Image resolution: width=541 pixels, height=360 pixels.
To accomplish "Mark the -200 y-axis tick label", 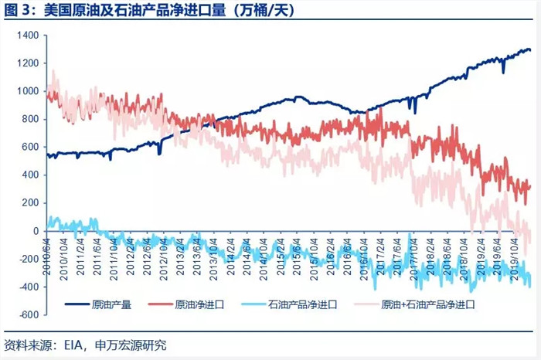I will coord(29,259).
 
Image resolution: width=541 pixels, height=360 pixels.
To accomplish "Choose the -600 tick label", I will coord(29,314).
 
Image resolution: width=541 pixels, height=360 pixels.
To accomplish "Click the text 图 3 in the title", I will coord(17,10).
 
